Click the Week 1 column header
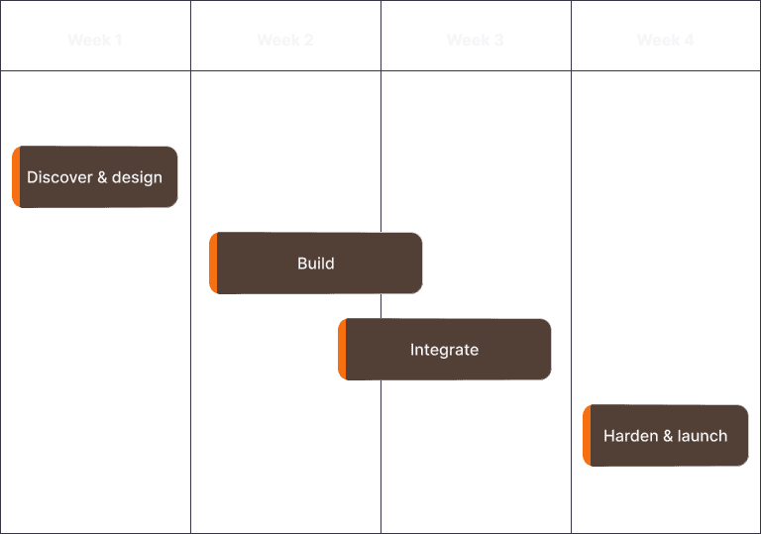(x=95, y=41)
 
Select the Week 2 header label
(x=285, y=41)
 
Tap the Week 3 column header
(x=476, y=41)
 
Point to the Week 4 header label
(x=666, y=41)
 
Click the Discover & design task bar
(x=96, y=177)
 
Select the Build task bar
(x=317, y=264)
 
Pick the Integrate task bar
(x=446, y=350)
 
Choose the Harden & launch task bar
(x=667, y=436)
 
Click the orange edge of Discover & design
(x=16, y=177)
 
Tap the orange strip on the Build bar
(x=213, y=264)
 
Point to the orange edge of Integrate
(x=342, y=350)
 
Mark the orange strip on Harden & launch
(x=587, y=436)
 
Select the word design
(x=137, y=178)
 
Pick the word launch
(x=703, y=436)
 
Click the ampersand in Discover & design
(x=102, y=178)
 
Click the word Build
(x=316, y=264)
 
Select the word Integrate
(x=444, y=350)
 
